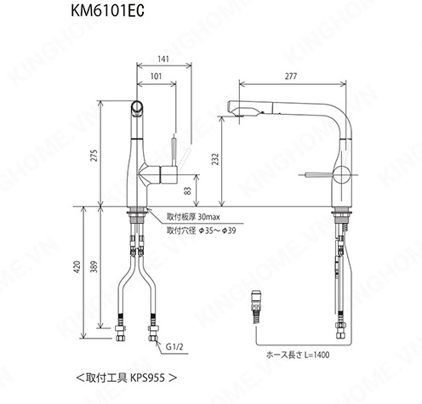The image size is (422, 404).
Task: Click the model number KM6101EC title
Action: pyautogui.click(x=107, y=11)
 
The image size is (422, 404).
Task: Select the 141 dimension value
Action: pyautogui.click(x=163, y=59)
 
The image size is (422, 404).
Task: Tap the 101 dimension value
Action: pyautogui.click(x=156, y=76)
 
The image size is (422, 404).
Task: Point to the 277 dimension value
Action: pyautogui.click(x=291, y=76)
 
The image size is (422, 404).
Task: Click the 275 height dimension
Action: pyautogui.click(x=94, y=156)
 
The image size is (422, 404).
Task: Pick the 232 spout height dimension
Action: pyautogui.click(x=216, y=159)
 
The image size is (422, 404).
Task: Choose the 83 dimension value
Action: pyautogui.click(x=188, y=191)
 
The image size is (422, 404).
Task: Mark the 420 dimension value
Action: pyautogui.click(x=77, y=267)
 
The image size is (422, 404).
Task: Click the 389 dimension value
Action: pyautogui.click(x=94, y=267)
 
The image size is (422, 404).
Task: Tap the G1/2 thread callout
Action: pyautogui.click(x=174, y=346)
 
